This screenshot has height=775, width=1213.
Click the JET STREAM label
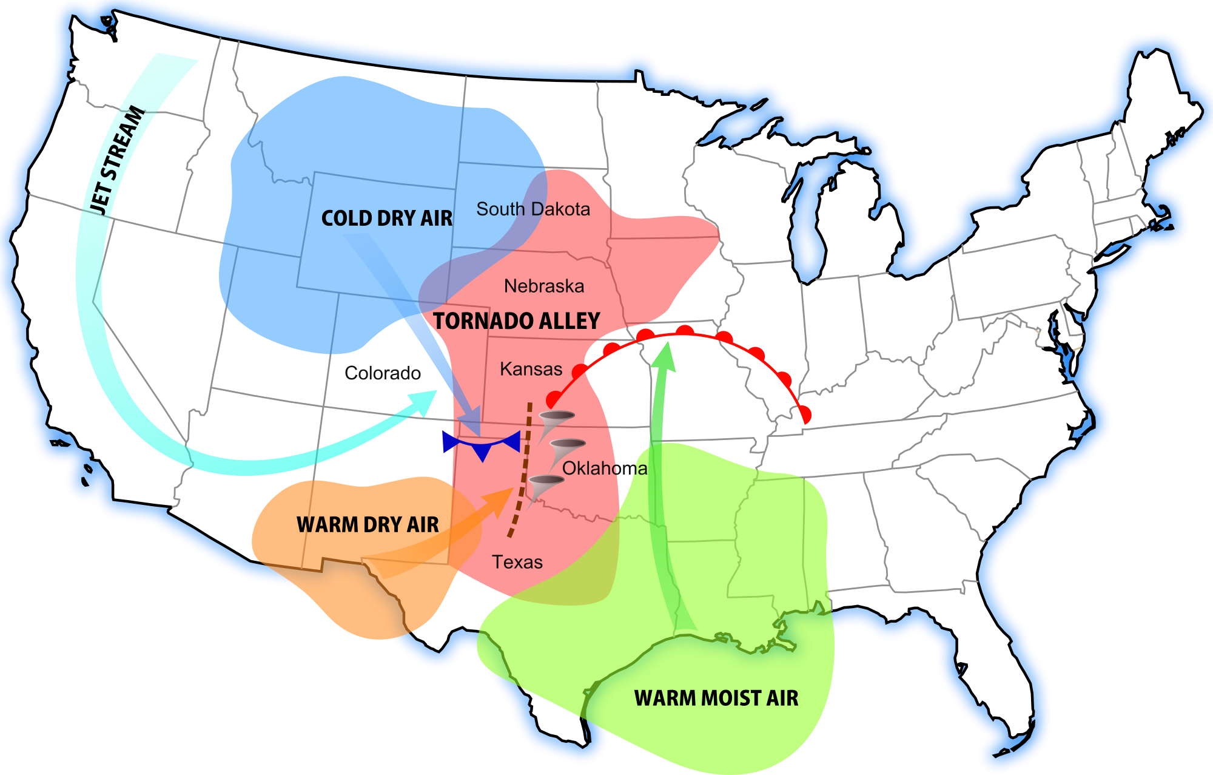point(118,161)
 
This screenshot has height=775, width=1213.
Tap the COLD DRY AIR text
point(386,218)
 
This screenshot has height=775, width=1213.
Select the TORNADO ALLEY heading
point(516,321)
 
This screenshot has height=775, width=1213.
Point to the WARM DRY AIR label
point(368,525)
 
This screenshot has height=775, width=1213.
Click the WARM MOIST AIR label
point(716,699)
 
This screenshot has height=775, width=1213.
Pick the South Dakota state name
point(533,209)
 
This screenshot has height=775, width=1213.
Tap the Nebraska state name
point(544,286)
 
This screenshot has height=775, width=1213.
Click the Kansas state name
point(531,369)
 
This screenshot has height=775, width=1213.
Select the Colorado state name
point(383,373)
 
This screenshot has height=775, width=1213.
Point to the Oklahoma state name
point(605,469)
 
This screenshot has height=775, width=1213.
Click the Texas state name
point(517,562)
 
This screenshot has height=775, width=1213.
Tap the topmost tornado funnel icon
point(554,421)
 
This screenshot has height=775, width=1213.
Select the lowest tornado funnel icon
point(544,486)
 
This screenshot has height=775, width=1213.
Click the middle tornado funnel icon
point(565,450)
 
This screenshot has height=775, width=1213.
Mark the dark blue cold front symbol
point(482,444)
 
